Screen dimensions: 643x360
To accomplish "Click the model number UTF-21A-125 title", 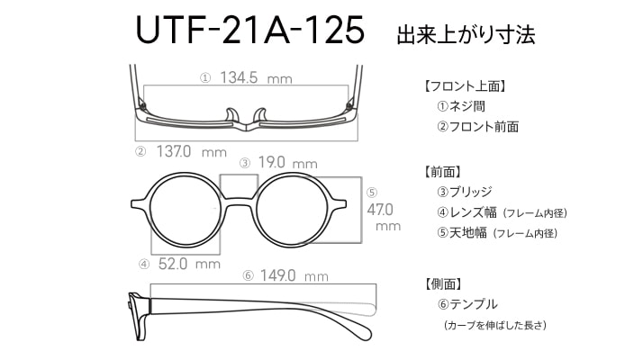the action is pos(249,30).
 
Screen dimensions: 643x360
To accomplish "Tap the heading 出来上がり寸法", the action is pos(466,34).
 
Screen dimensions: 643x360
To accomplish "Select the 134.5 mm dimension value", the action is pos(257,77).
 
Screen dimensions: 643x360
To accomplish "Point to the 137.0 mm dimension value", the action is pos(192,152).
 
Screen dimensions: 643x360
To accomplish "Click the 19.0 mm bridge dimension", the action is pos(288,163).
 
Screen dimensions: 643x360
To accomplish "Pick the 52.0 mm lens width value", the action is pos(189,264).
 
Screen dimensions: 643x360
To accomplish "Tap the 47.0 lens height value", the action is pos(380,210).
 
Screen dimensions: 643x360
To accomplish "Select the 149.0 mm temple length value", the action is pos(294,275).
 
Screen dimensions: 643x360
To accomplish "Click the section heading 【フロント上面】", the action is pos(465,86).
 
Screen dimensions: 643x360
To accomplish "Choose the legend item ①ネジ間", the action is pos(461,106).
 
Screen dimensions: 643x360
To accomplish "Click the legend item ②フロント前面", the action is pos(477,126).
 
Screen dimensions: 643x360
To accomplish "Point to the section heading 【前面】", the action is pos(442,171).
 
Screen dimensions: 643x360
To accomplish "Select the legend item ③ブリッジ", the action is pos(465,192).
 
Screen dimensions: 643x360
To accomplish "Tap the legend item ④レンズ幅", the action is pos(466,212).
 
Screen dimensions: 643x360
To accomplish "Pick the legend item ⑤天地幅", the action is pos(462,233).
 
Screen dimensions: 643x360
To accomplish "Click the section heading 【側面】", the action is pos(442,283).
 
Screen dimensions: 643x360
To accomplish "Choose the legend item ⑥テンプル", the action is pos(467,304).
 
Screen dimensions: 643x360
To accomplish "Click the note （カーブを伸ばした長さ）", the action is pos(495,325).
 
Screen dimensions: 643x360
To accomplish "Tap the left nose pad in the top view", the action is pos(231,115).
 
